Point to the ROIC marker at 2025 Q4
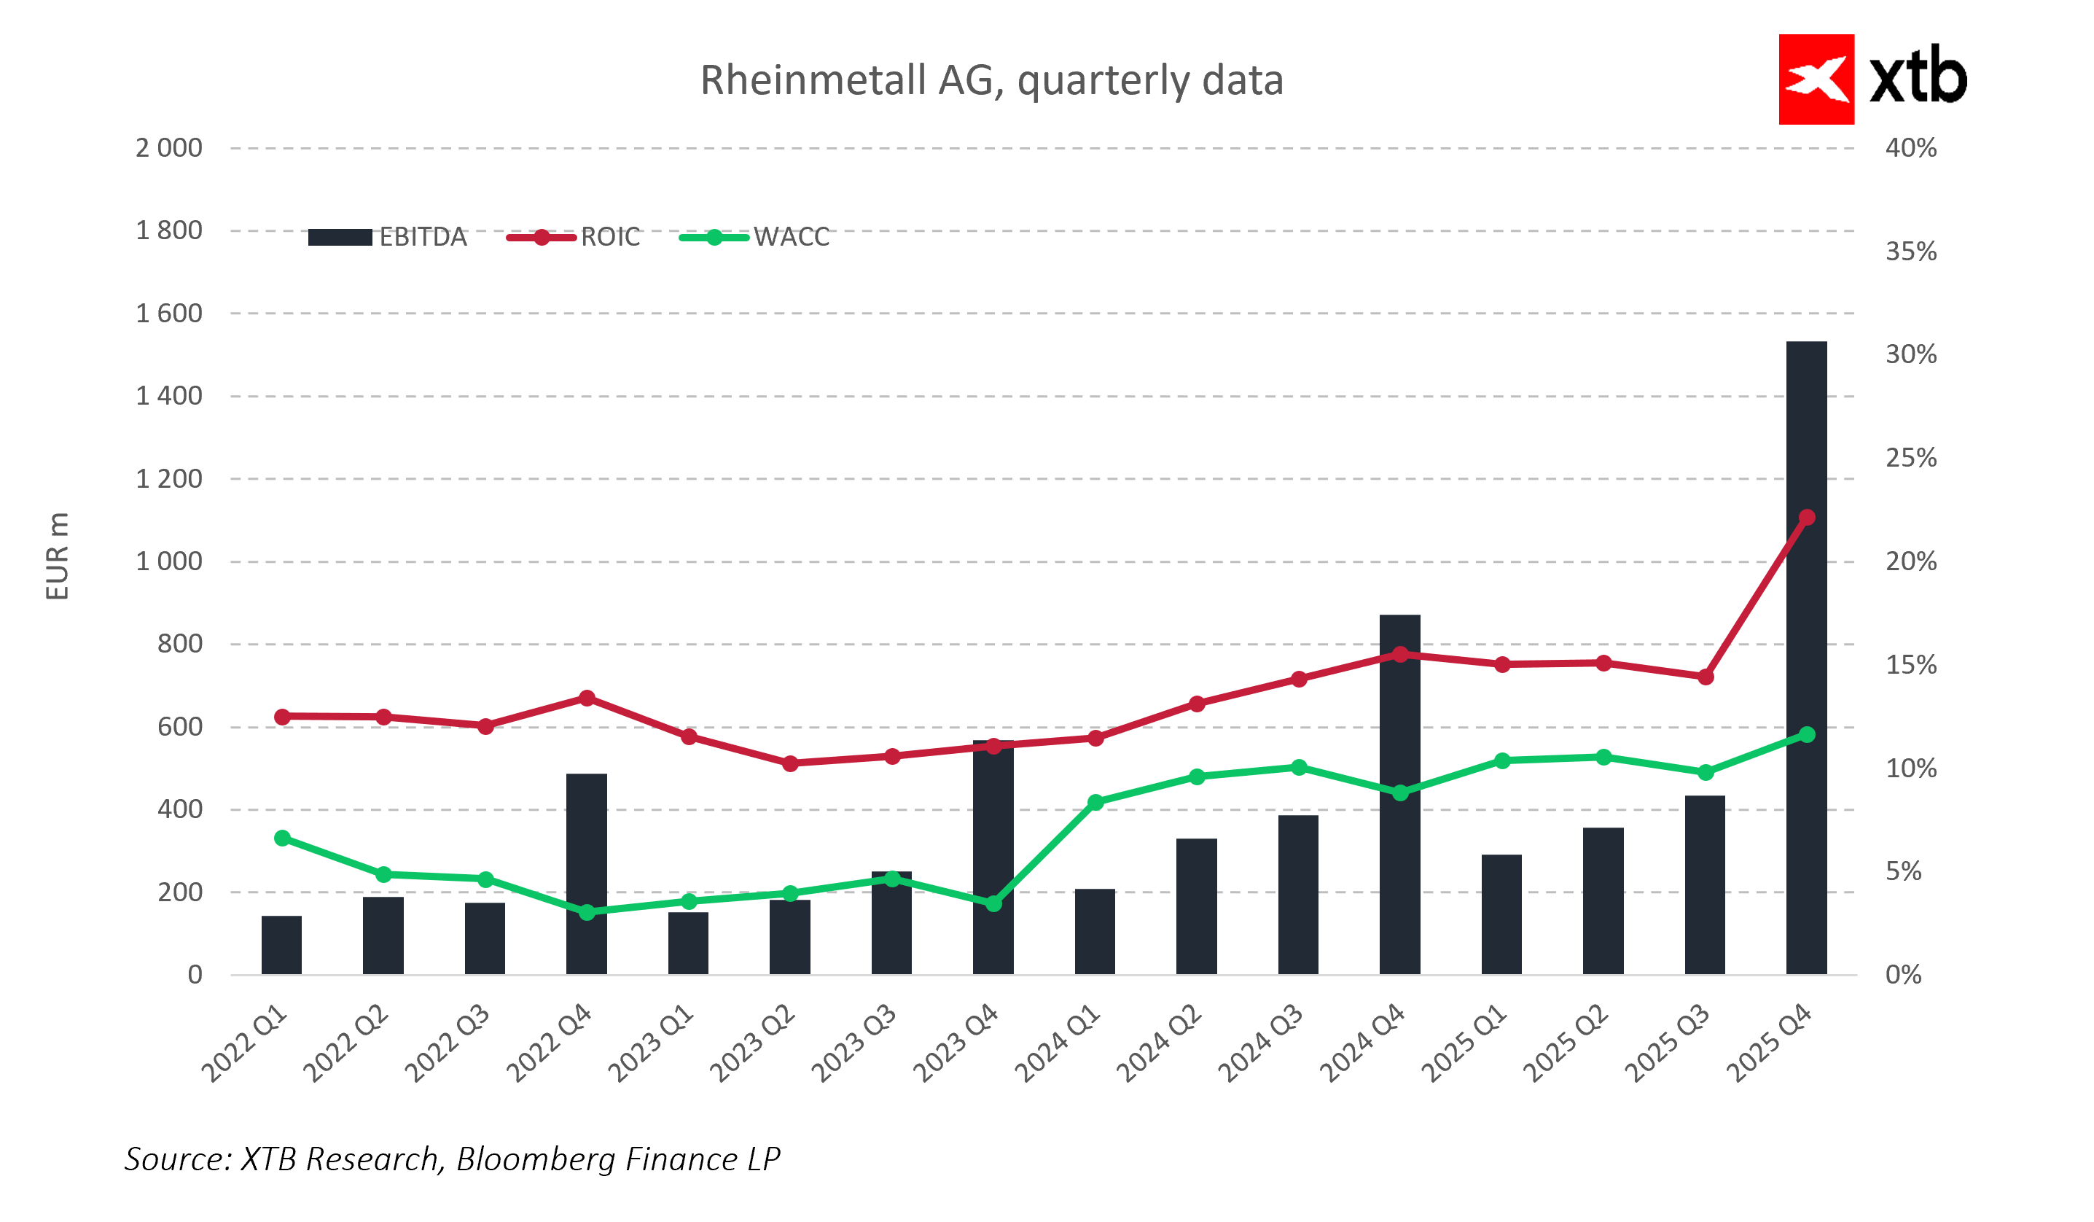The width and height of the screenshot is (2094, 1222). click(x=1807, y=517)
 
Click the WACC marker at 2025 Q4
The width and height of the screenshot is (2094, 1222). click(x=1807, y=734)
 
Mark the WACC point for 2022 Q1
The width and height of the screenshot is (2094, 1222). click(x=281, y=838)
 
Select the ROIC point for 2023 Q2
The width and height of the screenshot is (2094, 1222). click(x=790, y=763)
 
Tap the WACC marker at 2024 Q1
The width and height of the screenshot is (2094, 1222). click(x=1095, y=802)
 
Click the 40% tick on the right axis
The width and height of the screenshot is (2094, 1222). click(x=1910, y=148)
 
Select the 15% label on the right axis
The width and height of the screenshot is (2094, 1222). click(x=1910, y=665)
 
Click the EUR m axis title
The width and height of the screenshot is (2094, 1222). click(x=57, y=556)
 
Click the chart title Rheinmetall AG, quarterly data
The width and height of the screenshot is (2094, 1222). click(x=991, y=81)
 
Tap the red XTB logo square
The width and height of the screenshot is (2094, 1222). click(x=1816, y=79)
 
